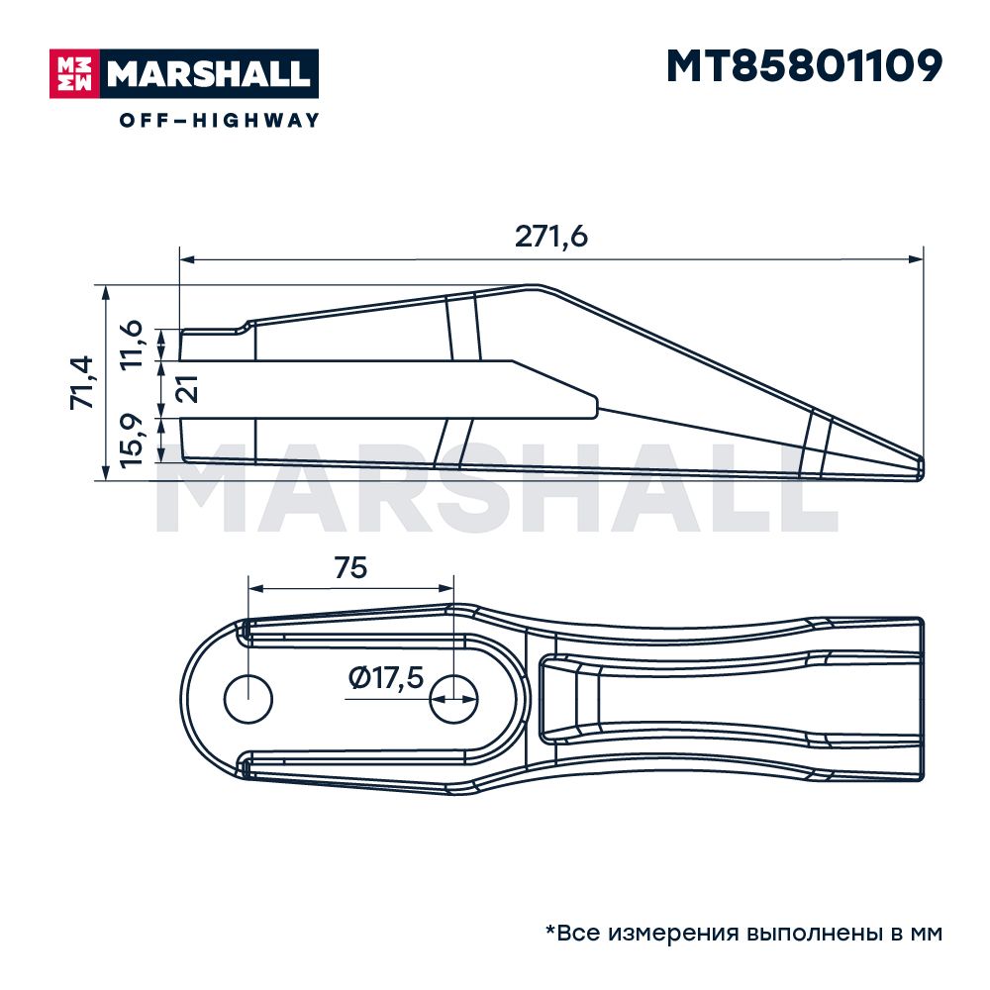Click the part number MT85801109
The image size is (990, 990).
coord(804,66)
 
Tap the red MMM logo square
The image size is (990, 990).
coord(75,74)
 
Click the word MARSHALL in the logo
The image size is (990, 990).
coord(208,74)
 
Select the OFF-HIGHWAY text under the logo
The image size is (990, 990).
coord(220,120)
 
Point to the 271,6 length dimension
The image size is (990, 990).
coord(550,237)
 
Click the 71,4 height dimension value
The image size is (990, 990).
coord(82,382)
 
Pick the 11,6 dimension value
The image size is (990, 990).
coord(131,345)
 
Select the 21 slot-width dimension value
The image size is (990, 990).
coord(186,388)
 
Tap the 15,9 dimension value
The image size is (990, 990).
coord(131,442)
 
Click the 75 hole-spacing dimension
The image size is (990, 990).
coord(350,567)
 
